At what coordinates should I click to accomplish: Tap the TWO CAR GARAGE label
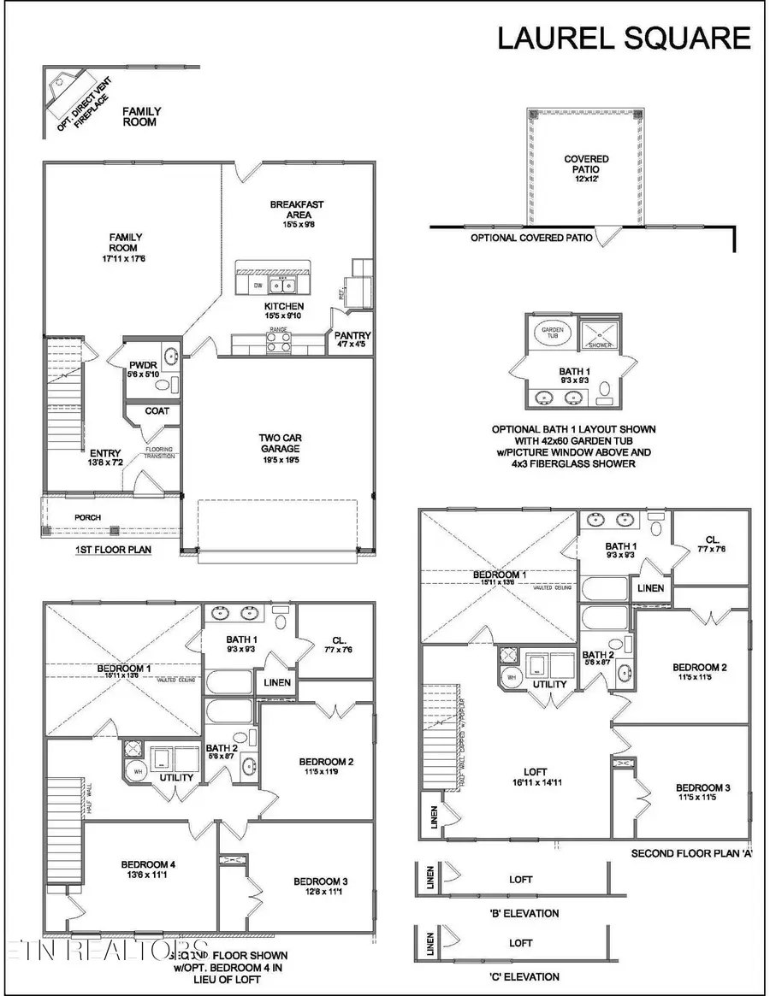tap(281, 444)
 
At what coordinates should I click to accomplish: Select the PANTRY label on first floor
tap(352, 336)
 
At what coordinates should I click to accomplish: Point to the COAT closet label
tap(157, 410)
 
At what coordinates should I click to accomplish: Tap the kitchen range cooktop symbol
tap(279, 341)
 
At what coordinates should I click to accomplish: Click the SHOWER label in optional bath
tap(600, 345)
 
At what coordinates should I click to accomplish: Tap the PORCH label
tap(87, 517)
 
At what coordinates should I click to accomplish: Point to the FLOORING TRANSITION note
tap(159, 452)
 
